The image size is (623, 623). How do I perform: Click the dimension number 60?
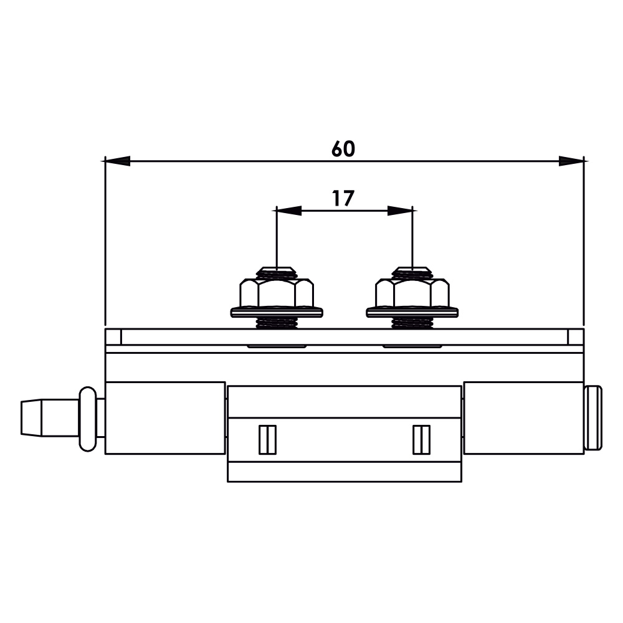[x=343, y=149]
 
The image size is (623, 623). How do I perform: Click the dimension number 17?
[x=343, y=198]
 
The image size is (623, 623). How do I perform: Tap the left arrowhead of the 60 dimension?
[x=118, y=161]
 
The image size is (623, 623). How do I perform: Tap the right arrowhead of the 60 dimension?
[x=571, y=161]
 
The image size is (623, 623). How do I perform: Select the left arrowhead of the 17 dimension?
[x=289, y=211]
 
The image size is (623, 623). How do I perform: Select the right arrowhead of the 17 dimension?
[x=400, y=211]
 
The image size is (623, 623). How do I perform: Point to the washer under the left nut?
[x=277, y=312]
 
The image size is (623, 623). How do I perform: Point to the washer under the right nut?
[x=412, y=312]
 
